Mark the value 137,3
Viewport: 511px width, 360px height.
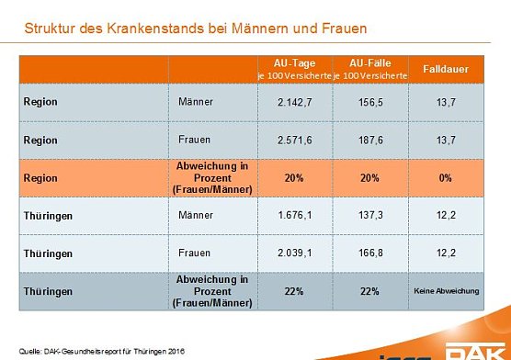pos(370,216)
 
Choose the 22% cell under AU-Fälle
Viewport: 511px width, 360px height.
pos(370,289)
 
